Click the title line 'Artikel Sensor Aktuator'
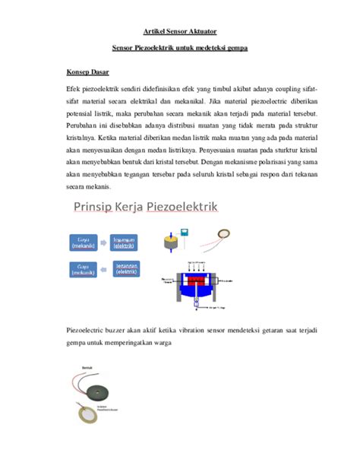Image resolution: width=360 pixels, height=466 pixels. tap(180, 31)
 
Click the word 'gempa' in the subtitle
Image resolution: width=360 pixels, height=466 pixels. tap(235, 48)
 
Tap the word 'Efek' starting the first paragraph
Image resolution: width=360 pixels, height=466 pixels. tap(75, 90)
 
